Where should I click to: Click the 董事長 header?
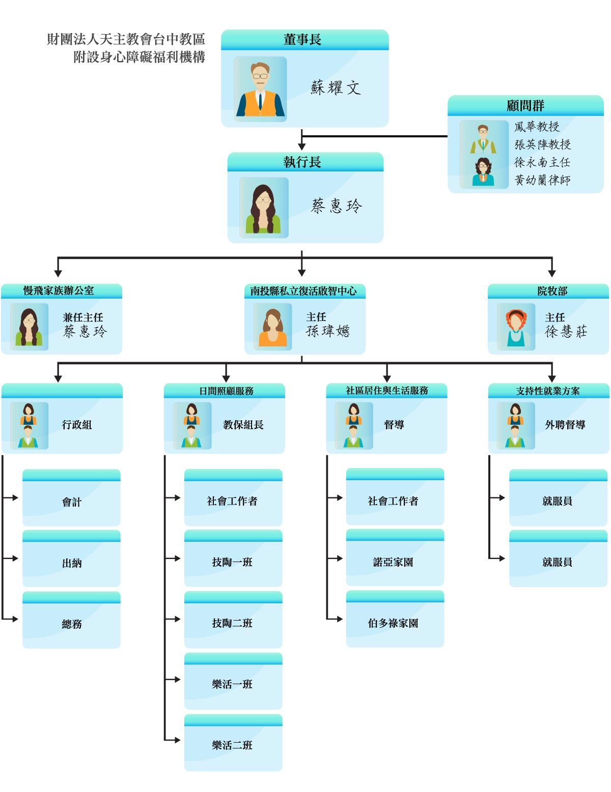click(x=302, y=40)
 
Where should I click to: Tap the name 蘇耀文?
click(x=336, y=88)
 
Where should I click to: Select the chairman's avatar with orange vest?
click(x=260, y=90)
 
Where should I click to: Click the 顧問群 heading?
click(x=525, y=105)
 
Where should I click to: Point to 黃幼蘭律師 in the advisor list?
click(x=542, y=180)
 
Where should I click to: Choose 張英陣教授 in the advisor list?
click(x=542, y=144)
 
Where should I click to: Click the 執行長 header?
click(x=302, y=162)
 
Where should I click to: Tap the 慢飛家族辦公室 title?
click(x=59, y=290)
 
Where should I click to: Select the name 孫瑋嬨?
click(x=328, y=332)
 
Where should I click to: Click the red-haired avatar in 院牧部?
click(x=516, y=327)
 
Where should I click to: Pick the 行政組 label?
click(x=77, y=425)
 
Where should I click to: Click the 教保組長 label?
click(x=243, y=425)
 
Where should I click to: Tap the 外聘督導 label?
click(x=565, y=425)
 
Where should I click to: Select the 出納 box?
click(x=72, y=563)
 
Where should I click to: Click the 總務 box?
click(x=72, y=624)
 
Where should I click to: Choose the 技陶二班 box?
click(x=233, y=623)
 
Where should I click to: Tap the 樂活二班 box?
click(x=233, y=745)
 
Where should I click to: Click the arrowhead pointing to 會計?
click(x=15, y=497)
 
